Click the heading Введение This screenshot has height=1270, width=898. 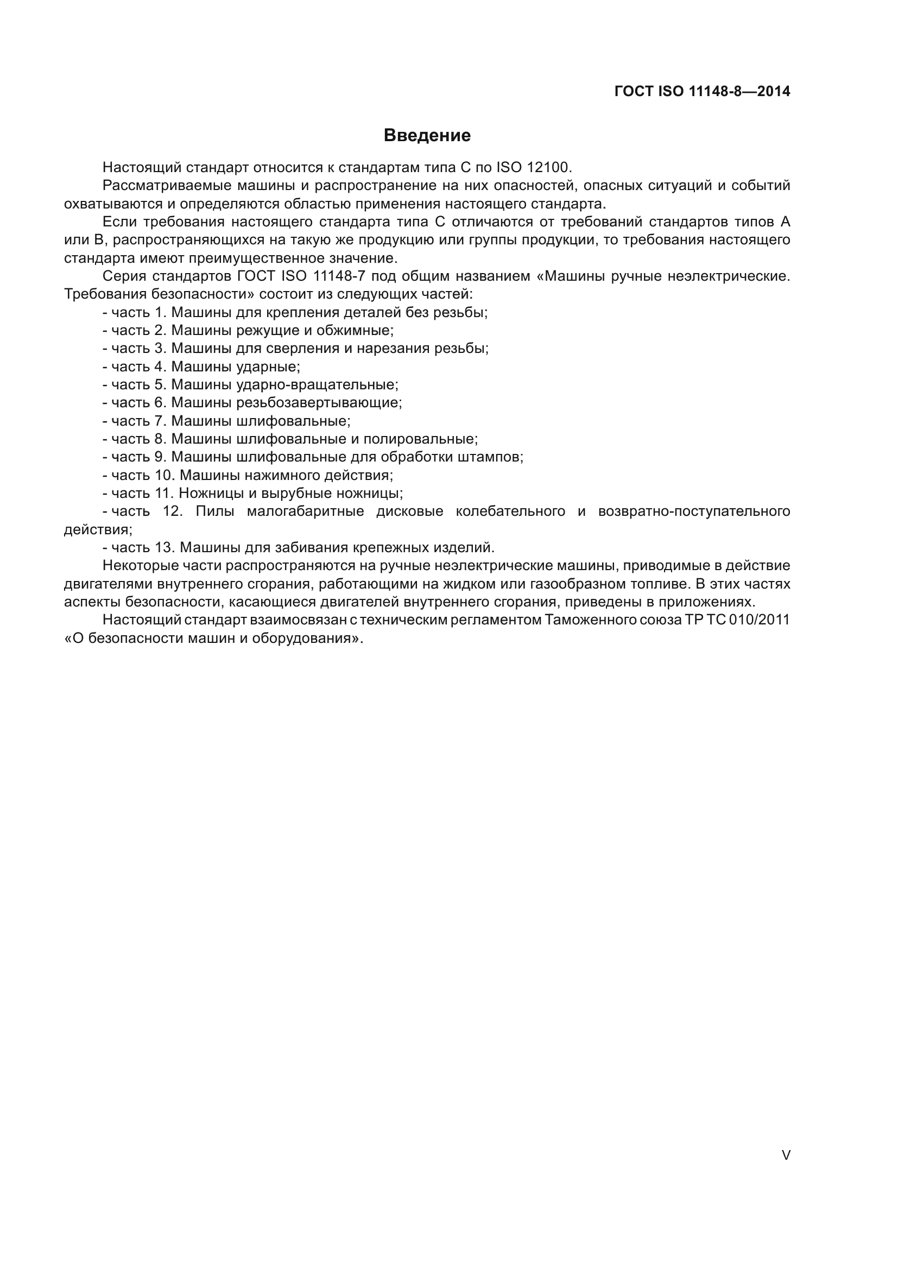click(427, 136)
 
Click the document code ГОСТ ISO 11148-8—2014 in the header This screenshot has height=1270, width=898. click(702, 92)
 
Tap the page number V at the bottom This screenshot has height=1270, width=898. click(786, 1155)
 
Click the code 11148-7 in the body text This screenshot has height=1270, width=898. click(339, 276)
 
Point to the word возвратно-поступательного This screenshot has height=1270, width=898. click(694, 511)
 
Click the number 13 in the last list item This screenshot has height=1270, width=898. click(165, 548)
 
